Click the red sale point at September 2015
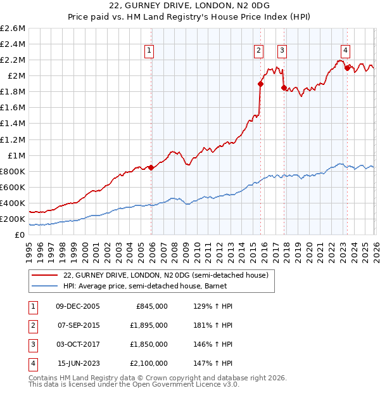pos(260,84)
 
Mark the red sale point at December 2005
pos(151,167)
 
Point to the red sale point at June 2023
pos(346,67)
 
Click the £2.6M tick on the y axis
pos(13,29)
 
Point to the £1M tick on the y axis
pos(16,155)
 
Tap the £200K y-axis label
pos(13,219)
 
